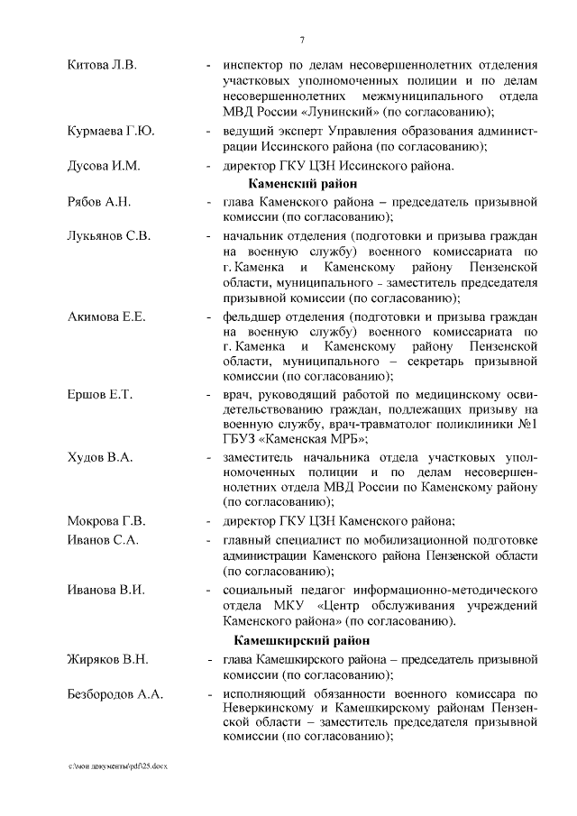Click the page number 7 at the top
pyautogui.click(x=302, y=38)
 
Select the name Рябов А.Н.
pyautogui.click(x=99, y=201)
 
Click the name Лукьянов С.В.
pyautogui.click(x=109, y=235)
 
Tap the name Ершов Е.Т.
pyautogui.click(x=100, y=396)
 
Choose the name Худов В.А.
pyautogui.click(x=100, y=458)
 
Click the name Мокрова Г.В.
pyautogui.click(x=106, y=521)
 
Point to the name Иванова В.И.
pyautogui.click(x=106, y=590)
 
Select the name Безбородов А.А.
pyautogui.click(x=118, y=694)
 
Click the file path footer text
pyautogui.click(x=118, y=765)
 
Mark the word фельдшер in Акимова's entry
pyautogui.click(x=253, y=317)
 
